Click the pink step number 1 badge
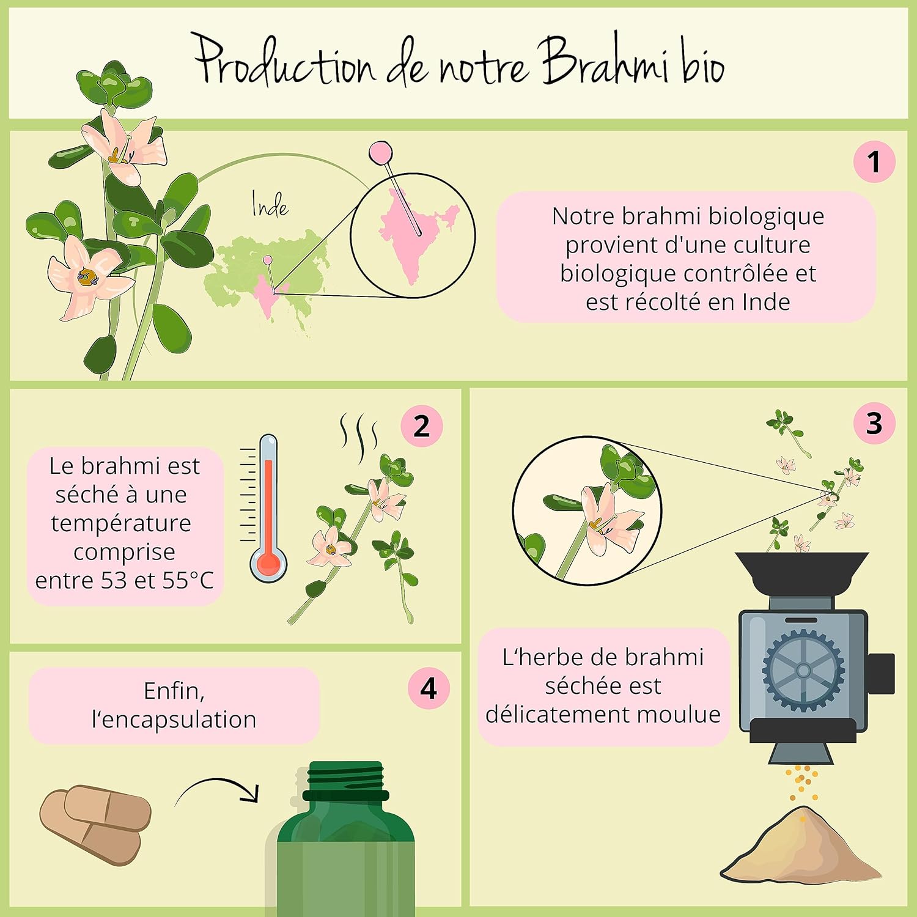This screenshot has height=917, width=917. pyautogui.click(x=874, y=162)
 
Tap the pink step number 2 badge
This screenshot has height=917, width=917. pyautogui.click(x=422, y=426)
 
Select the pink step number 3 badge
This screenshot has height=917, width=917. pyautogui.click(x=874, y=423)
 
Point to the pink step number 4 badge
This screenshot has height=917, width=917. pyautogui.click(x=429, y=688)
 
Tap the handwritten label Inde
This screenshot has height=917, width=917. pyautogui.click(x=270, y=205)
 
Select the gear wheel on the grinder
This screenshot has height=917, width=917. pyautogui.click(x=803, y=670)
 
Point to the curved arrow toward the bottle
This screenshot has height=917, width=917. pyautogui.click(x=217, y=789)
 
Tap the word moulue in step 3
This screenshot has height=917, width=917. pyautogui.click(x=685, y=714)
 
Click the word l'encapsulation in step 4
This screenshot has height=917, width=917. pyautogui.click(x=174, y=720)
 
